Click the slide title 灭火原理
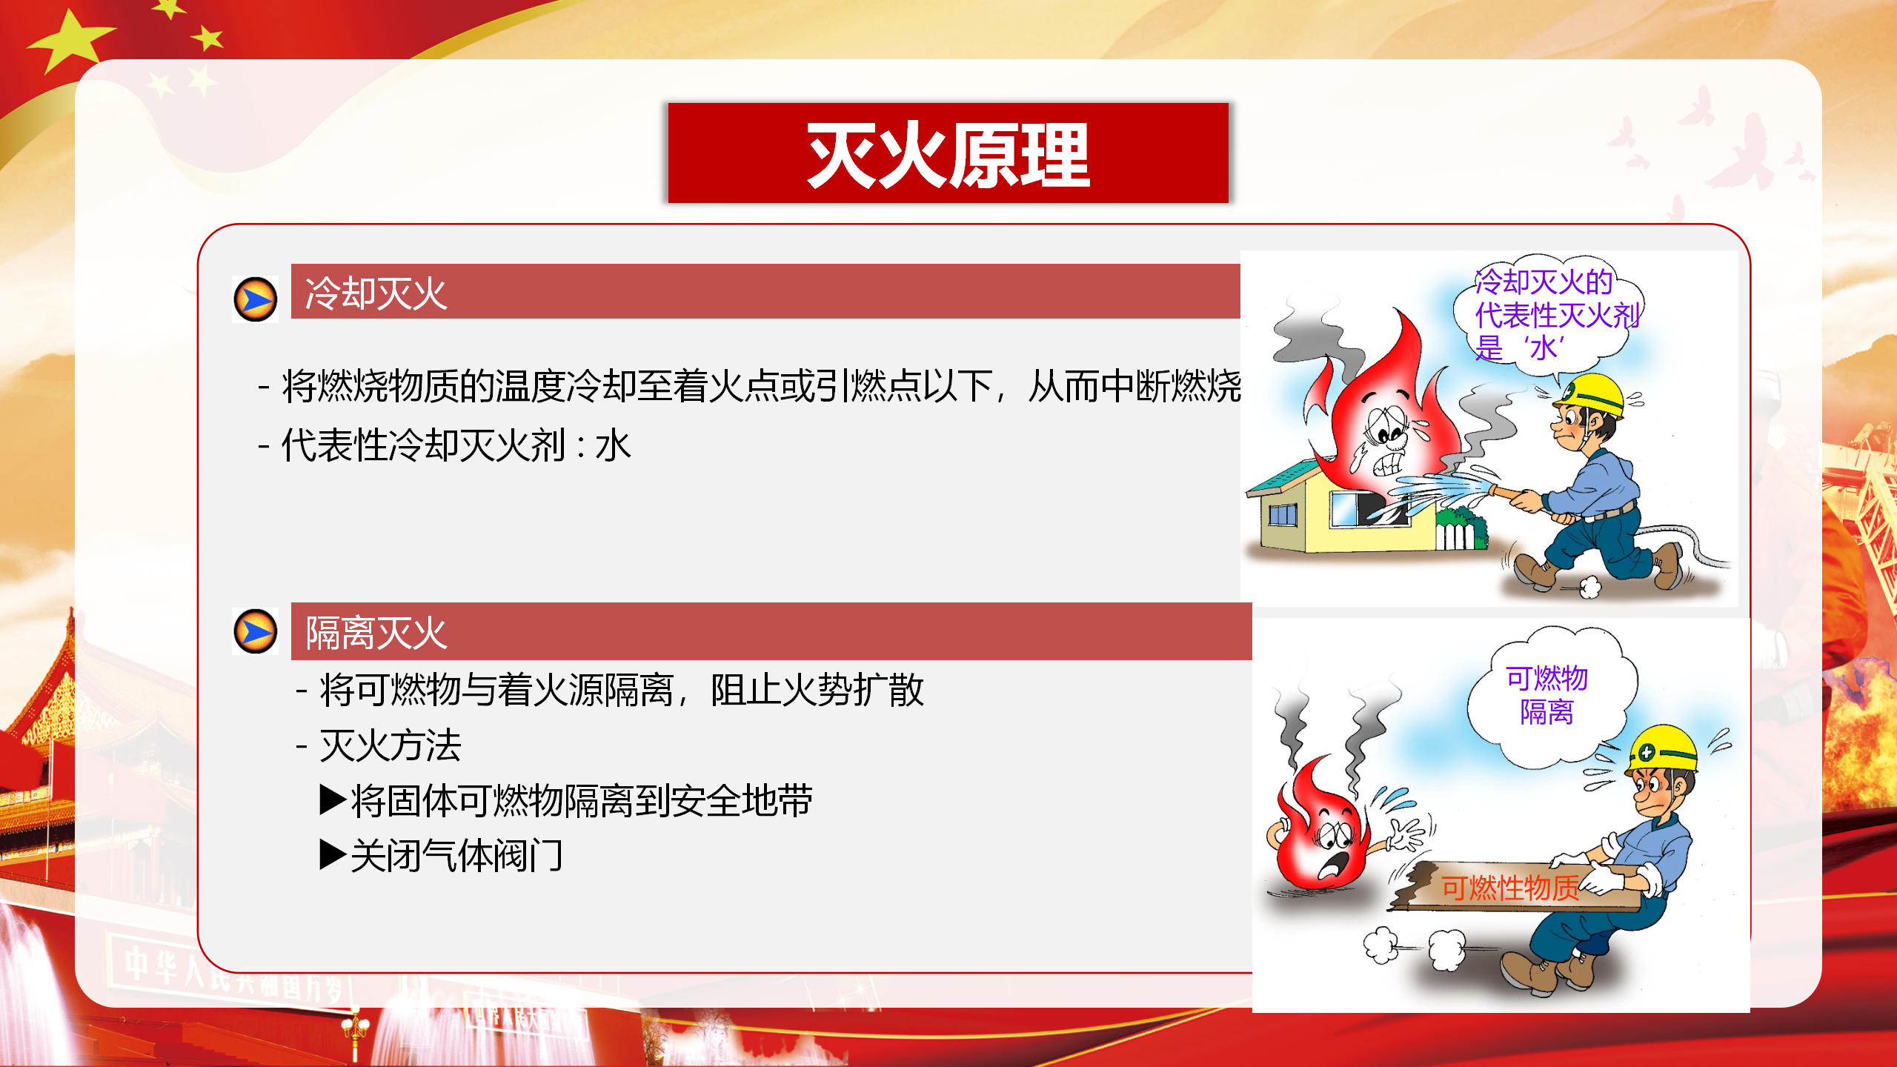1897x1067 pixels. pyautogui.click(x=948, y=155)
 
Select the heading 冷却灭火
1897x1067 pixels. pyautogui.click(x=376, y=293)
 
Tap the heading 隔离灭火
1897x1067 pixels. pyautogui.click(x=376, y=634)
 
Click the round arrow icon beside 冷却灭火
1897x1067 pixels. pyautogui.click(x=256, y=299)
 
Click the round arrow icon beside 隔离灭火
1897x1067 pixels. pyautogui.click(x=256, y=631)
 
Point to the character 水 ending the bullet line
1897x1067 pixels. pyautogui.click(x=613, y=445)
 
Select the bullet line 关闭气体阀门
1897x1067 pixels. pyautogui.click(x=442, y=856)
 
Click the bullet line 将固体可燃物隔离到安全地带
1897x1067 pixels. pyautogui.click(x=566, y=800)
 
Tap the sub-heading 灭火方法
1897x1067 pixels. pyautogui.click(x=390, y=745)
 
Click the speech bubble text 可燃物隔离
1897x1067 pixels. pyautogui.click(x=1546, y=695)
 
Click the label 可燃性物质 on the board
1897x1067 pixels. pyautogui.click(x=1510, y=887)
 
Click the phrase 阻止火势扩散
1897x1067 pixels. pyautogui.click(x=817, y=690)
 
